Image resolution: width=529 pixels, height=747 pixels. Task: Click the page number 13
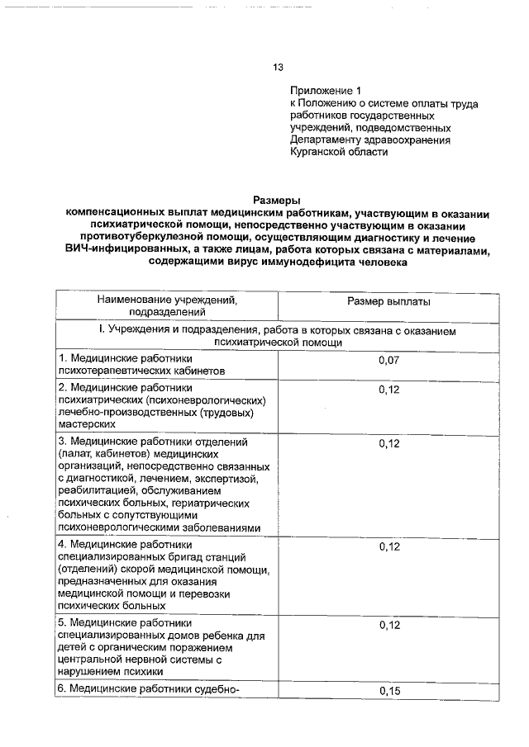(x=279, y=68)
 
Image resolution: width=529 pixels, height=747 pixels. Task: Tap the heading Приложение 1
(x=326, y=90)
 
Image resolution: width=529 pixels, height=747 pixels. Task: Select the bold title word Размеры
(x=277, y=199)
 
